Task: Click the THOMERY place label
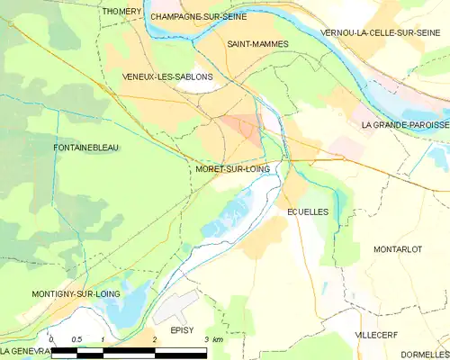point(122,11)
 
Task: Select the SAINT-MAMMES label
point(251,43)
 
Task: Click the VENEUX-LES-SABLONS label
point(167,76)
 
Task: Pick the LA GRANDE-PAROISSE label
point(404,124)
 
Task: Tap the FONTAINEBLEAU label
point(86,147)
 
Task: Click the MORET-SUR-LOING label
point(231,168)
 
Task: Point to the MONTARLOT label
point(397,248)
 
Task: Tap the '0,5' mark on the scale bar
point(76,339)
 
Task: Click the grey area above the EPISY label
point(175,309)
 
